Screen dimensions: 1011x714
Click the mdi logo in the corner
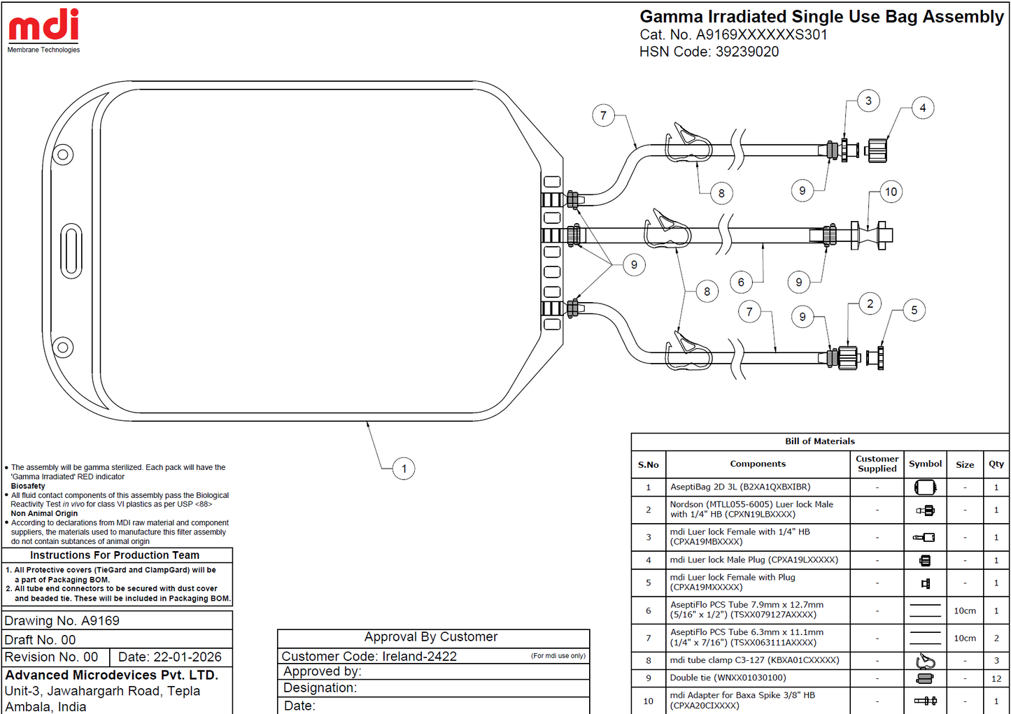click(x=44, y=31)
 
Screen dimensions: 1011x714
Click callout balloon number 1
click(x=404, y=469)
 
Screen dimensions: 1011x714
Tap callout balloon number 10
click(x=891, y=192)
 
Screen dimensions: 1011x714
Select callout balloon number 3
click(x=868, y=101)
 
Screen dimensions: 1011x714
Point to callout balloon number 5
click(x=914, y=310)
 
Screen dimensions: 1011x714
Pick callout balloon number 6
click(x=741, y=283)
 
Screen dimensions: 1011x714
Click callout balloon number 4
click(x=923, y=108)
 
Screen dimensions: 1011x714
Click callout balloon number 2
click(x=870, y=304)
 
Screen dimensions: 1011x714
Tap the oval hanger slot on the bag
click(x=71, y=251)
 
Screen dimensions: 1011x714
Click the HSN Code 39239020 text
click(x=709, y=52)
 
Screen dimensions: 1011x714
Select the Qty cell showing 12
click(x=996, y=678)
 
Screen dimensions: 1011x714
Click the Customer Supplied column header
click(x=877, y=464)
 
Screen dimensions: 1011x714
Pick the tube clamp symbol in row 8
click(x=925, y=661)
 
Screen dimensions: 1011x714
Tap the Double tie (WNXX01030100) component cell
click(x=758, y=678)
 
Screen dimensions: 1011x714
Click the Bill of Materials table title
click(x=819, y=441)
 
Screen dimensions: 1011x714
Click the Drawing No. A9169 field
click(x=62, y=620)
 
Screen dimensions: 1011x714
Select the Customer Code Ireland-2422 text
click(x=369, y=656)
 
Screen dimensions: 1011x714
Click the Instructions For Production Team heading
click(x=115, y=555)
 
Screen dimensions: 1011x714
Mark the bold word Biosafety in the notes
click(x=28, y=486)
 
